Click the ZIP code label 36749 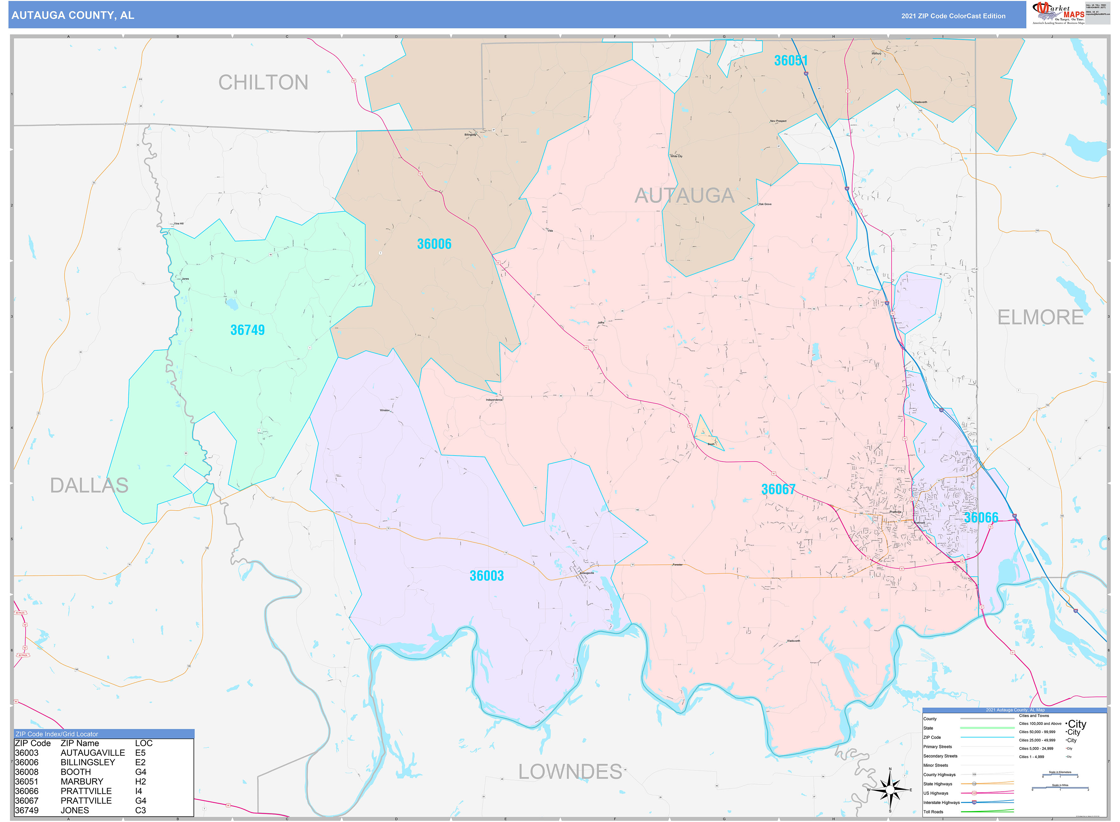pos(247,330)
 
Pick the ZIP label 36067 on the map pos(778,489)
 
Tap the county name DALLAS pos(89,485)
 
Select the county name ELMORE pos(1040,317)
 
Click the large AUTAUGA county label pos(684,196)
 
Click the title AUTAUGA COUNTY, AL pos(73,15)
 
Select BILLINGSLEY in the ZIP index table pos(88,762)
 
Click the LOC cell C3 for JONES pos(140,811)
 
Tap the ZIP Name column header pos(80,743)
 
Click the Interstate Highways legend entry pos(940,803)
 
